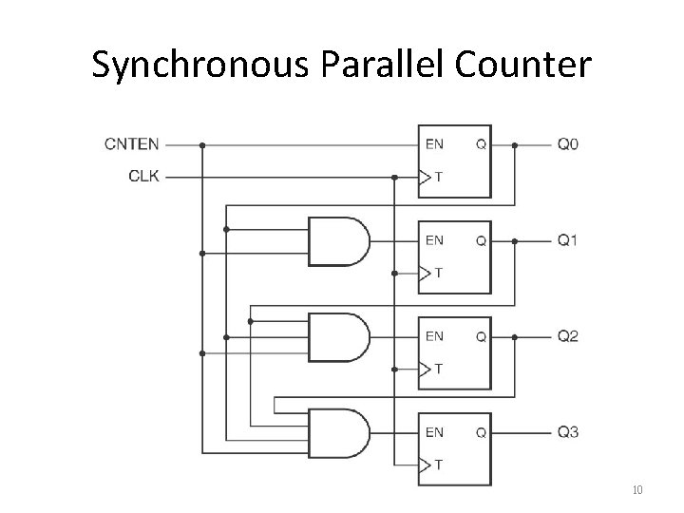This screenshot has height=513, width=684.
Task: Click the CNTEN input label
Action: pos(131,145)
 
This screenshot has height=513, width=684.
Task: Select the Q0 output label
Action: pos(567,145)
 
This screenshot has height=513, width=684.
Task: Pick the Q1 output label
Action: pos(567,241)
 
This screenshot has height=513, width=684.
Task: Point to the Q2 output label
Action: pos(567,336)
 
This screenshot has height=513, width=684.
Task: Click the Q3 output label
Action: pos(567,432)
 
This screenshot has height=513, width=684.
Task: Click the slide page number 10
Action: pos(636,490)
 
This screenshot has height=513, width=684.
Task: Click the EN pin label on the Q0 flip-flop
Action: pos(434,145)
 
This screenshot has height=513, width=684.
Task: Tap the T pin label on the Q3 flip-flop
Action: pos(439,465)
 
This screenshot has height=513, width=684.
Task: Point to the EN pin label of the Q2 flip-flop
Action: pos(434,336)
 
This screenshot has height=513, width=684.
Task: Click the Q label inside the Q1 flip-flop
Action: pos(481,241)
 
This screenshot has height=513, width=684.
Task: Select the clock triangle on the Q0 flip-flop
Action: pos(425,177)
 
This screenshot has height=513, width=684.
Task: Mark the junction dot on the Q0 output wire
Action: pos(515,145)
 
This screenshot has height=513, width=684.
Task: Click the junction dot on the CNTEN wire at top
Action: pos(201,145)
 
